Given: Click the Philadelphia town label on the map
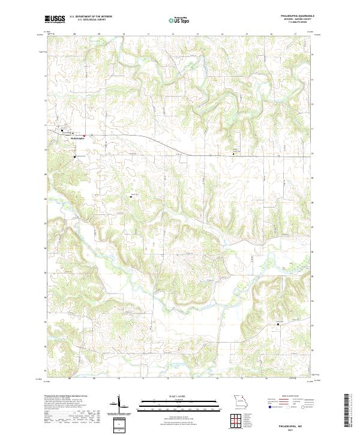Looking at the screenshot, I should click(x=79, y=138).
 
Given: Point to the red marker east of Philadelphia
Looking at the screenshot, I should click(x=85, y=135).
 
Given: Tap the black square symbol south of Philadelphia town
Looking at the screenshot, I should click(x=75, y=157).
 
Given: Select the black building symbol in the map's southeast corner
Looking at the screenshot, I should click(x=278, y=325).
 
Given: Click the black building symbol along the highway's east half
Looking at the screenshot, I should click(x=234, y=154).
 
